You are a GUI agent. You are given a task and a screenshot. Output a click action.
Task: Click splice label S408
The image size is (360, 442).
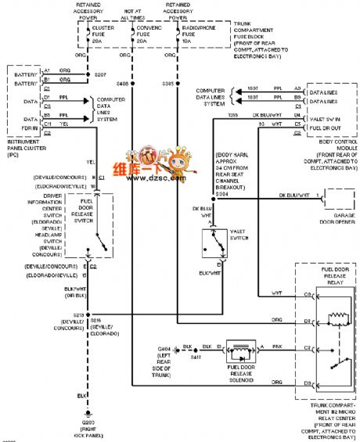click(x=122, y=82)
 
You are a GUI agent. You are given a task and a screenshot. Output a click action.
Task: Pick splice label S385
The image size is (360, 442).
click(x=168, y=82)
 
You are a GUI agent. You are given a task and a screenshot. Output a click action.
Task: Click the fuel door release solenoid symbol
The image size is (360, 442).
click(x=239, y=350)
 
